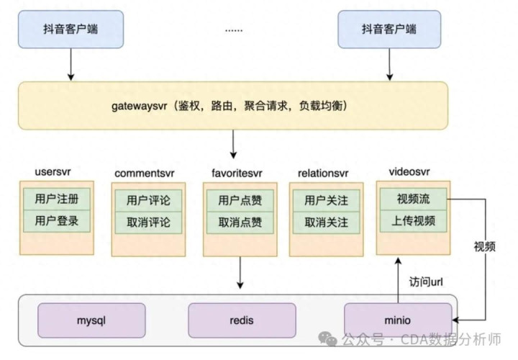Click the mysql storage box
[x=91, y=320]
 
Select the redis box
[x=242, y=320]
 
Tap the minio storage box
[x=398, y=320]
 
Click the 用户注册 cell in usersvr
[x=57, y=199]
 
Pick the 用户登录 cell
[x=57, y=221]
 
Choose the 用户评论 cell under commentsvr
[x=148, y=200]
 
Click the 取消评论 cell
[x=148, y=222]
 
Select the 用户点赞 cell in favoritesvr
[x=240, y=200]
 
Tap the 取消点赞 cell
[x=240, y=222]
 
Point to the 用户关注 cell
[x=327, y=200]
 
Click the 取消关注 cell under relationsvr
[x=327, y=222]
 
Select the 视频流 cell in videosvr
[x=413, y=199]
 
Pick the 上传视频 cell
[x=413, y=221]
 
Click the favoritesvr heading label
[x=237, y=173]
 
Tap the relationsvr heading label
[x=323, y=173]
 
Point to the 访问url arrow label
[x=426, y=282]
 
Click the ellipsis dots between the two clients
[x=234, y=31]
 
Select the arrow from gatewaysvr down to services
[x=233, y=144]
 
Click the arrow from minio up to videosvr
[x=398, y=280]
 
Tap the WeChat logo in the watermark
[x=327, y=339]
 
